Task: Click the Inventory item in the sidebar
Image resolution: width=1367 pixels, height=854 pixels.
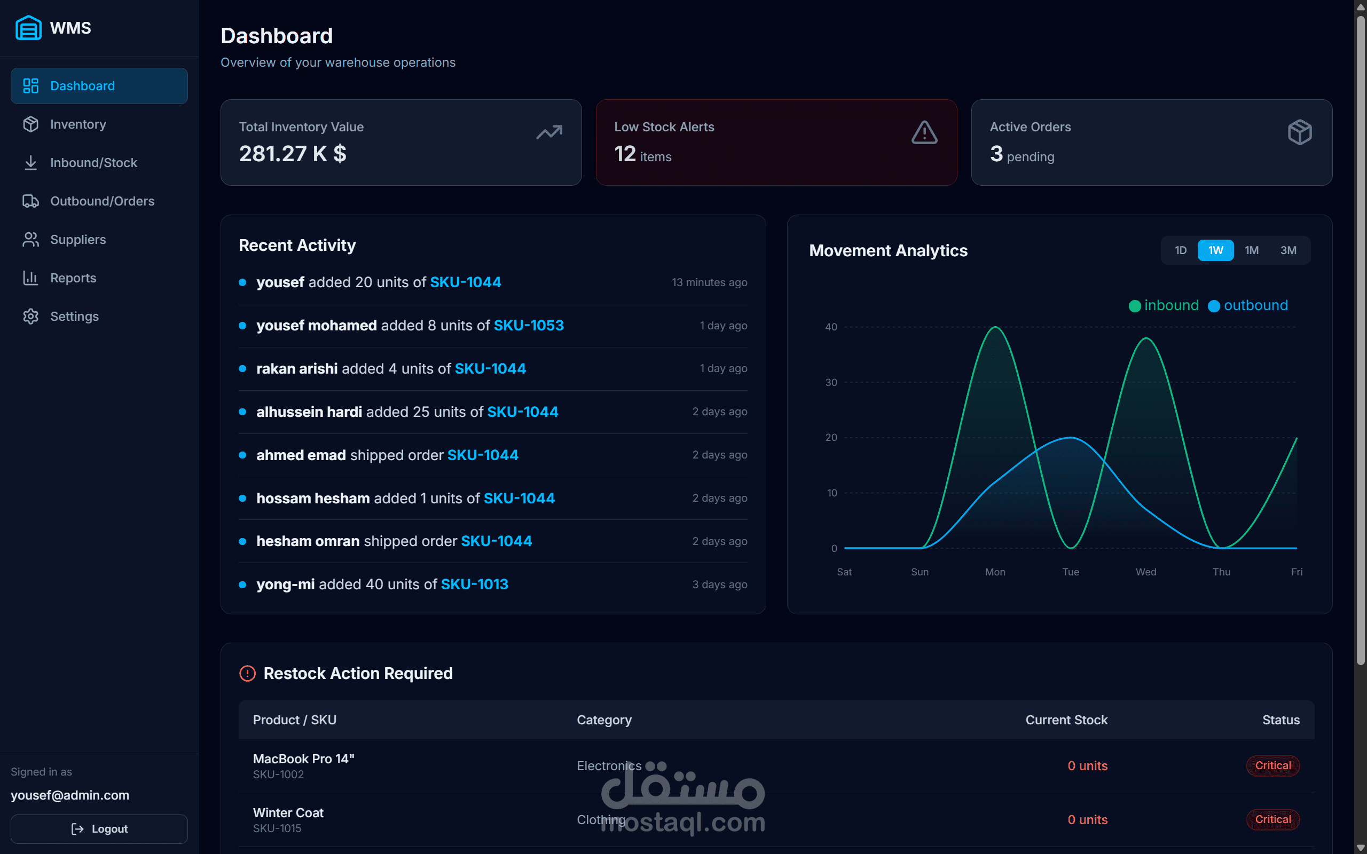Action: click(78, 124)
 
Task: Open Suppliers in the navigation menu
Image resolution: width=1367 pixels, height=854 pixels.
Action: click(78, 240)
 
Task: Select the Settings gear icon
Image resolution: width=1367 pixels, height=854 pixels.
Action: click(30, 317)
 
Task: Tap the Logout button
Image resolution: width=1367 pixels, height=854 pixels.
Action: click(99, 828)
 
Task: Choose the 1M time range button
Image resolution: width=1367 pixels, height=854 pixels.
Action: click(1251, 250)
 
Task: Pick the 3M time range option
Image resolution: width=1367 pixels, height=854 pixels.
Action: click(1288, 250)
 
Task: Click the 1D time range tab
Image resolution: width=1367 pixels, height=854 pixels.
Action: click(1181, 250)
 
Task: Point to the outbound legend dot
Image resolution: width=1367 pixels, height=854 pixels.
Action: click(1214, 306)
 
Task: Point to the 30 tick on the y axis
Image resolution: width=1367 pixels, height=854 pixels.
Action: click(831, 382)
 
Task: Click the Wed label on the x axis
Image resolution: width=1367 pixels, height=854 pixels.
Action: click(1145, 572)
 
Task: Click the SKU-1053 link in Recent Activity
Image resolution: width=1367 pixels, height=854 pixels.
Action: click(529, 326)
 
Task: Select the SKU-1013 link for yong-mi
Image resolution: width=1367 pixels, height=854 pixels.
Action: click(475, 584)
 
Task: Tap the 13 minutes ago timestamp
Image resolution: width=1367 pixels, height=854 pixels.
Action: click(709, 282)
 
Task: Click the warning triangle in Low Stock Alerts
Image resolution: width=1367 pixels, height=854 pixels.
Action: click(924, 133)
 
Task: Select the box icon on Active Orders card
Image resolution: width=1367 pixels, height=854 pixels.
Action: click(1299, 133)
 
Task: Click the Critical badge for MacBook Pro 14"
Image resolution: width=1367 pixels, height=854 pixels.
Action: click(1272, 765)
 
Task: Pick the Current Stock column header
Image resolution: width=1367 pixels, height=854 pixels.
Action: click(1066, 719)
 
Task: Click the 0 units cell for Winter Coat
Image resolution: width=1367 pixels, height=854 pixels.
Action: click(1087, 819)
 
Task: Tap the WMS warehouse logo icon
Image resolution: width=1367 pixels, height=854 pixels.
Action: click(28, 28)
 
